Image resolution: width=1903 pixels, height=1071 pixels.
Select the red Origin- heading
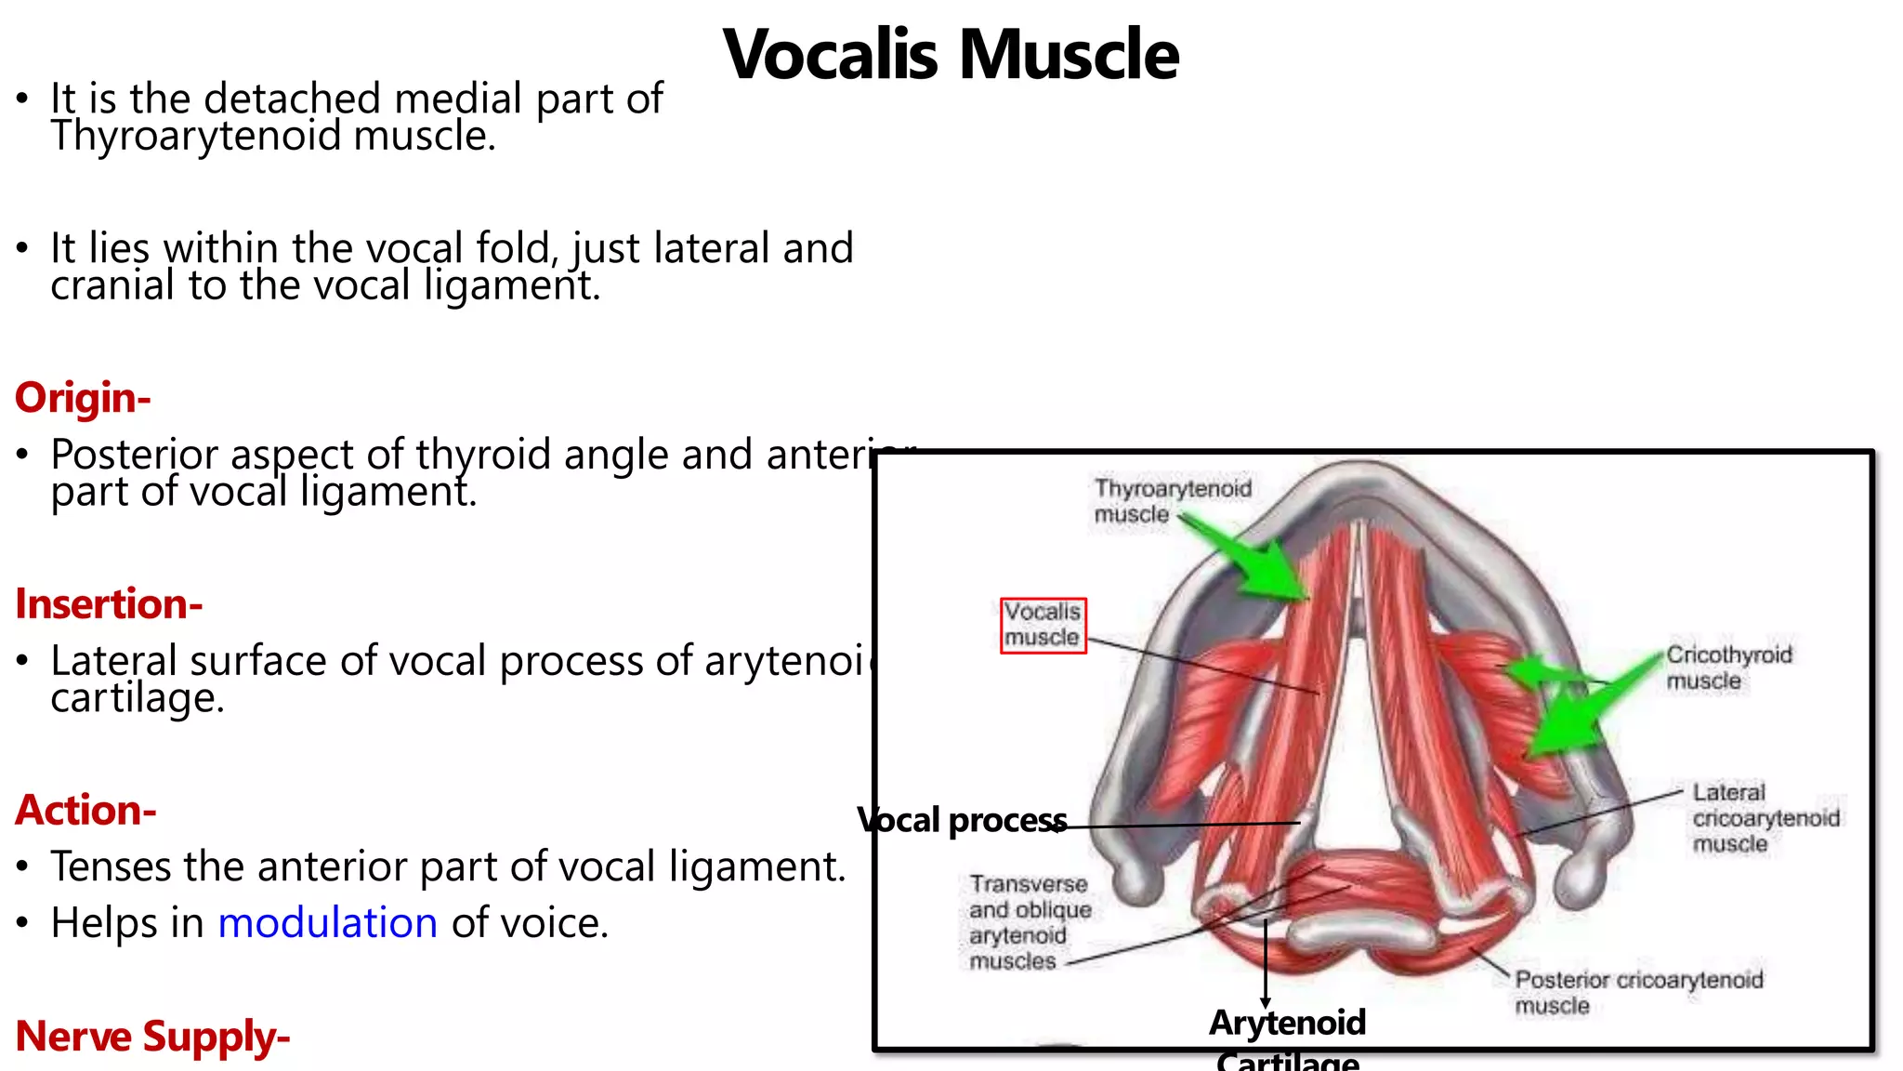point(83,398)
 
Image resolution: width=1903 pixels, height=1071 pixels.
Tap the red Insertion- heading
point(109,604)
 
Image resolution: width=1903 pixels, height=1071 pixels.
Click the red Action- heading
point(85,811)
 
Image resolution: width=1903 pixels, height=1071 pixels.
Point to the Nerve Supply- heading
point(152,1037)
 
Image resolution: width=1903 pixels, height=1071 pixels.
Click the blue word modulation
point(327,923)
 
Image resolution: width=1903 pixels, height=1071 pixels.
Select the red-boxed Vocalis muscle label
point(1043,625)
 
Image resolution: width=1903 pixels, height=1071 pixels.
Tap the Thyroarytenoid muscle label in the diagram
point(1172,501)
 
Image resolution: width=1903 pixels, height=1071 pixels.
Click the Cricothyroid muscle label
point(1728,668)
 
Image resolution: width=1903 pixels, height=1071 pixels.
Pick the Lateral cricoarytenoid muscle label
point(1765,818)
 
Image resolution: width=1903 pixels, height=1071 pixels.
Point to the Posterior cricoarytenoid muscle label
point(1638,992)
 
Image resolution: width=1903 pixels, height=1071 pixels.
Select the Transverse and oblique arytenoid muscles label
point(1029,922)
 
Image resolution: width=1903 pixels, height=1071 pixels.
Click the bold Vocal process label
point(962,820)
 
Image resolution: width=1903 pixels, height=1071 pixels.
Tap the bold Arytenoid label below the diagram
point(1287,1024)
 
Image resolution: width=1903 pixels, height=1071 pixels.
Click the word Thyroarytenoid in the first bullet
point(196,137)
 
